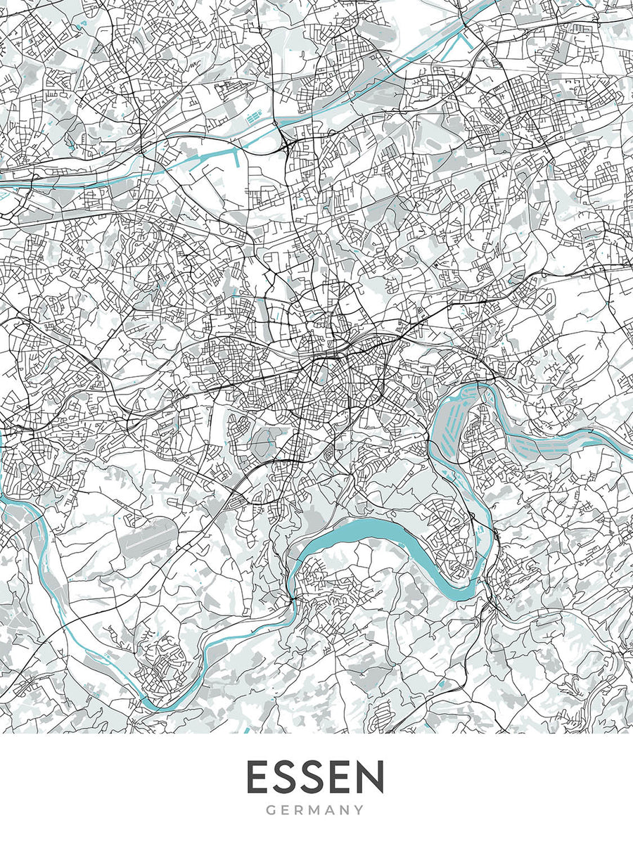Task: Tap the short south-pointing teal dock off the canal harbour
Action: click(236, 158)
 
